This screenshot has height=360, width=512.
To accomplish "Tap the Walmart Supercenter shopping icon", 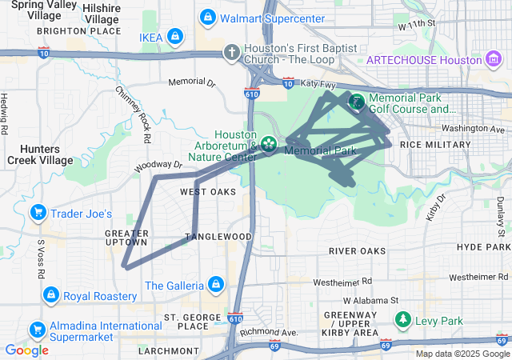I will click(x=208, y=17).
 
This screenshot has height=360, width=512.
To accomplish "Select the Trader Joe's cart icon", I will click(x=37, y=213).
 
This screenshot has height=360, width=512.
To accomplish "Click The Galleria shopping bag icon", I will click(x=214, y=284).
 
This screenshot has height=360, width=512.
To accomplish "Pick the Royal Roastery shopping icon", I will click(x=51, y=295).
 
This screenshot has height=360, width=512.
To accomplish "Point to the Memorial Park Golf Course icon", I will click(x=356, y=102).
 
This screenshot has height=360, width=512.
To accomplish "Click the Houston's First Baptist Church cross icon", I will click(x=231, y=53).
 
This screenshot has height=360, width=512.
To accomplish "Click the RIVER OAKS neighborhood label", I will click(x=357, y=251).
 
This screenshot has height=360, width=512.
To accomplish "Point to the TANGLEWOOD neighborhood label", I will click(x=218, y=237).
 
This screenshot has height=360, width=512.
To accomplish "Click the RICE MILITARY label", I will click(x=435, y=144).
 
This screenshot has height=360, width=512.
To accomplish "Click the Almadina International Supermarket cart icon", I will click(x=37, y=329).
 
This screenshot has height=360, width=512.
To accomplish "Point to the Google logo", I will click(x=26, y=350).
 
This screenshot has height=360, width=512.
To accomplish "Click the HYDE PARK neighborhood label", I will click(x=483, y=247).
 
